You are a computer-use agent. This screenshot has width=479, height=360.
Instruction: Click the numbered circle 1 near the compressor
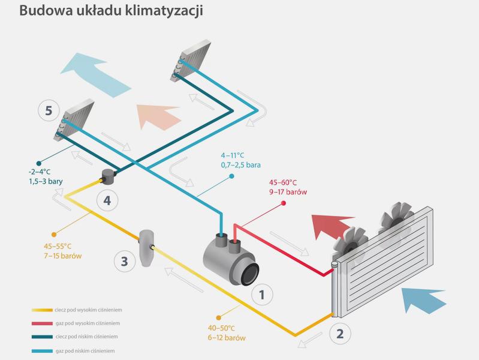point(262,294)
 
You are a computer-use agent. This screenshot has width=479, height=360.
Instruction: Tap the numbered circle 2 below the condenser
point(340,334)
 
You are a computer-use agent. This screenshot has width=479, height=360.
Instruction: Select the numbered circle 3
point(124,261)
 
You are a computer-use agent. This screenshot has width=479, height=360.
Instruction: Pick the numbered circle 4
point(107,200)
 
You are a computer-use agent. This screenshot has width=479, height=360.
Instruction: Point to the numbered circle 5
point(49,110)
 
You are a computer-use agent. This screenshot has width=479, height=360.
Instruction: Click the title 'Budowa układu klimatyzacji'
point(111,11)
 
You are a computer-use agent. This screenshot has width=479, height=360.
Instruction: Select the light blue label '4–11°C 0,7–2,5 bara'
point(241,160)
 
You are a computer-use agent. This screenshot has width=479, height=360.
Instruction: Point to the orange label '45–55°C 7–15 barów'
point(62,251)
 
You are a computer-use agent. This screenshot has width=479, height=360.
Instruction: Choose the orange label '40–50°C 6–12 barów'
point(227,333)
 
